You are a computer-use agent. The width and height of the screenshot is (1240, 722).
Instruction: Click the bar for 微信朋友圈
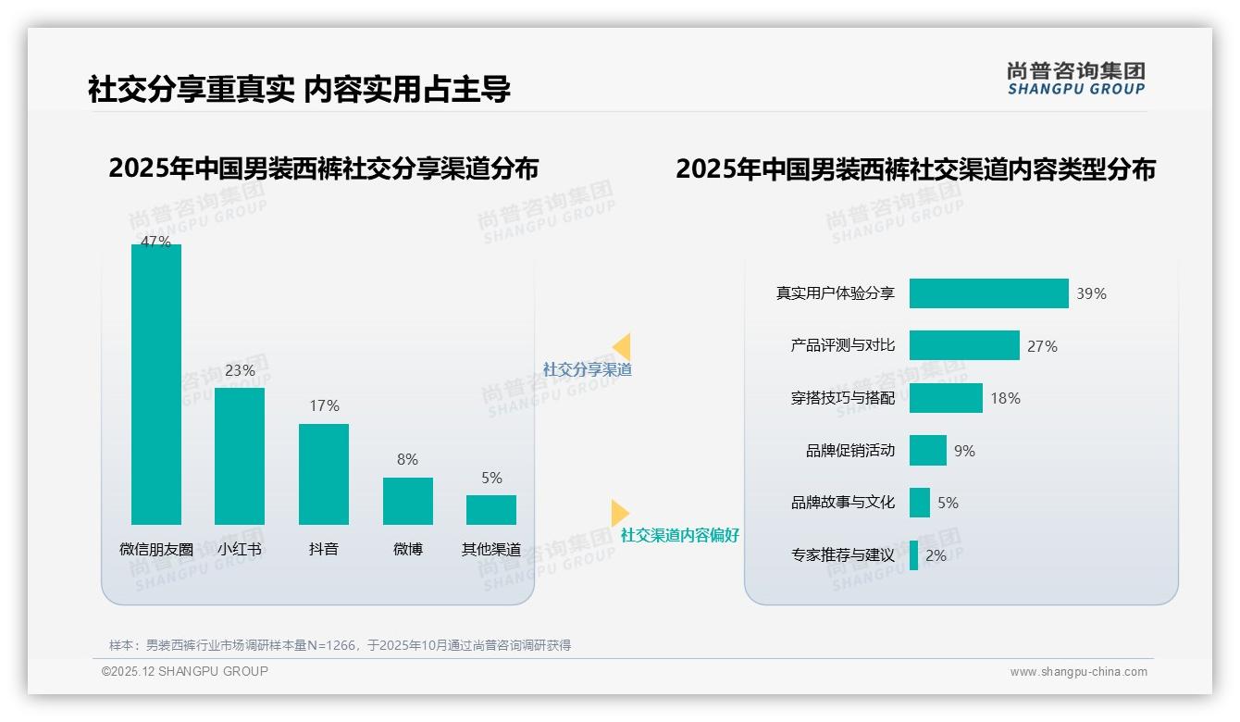(156, 384)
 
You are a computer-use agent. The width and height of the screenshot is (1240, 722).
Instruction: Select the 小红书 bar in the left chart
(240, 455)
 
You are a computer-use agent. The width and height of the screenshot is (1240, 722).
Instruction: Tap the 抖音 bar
(324, 474)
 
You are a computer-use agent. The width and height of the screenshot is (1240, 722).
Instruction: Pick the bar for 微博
(407, 501)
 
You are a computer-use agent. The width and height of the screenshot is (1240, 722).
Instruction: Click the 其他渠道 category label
(491, 549)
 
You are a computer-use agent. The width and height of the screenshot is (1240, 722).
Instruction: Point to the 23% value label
(240, 370)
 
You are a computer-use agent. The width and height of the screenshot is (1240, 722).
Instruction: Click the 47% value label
(155, 242)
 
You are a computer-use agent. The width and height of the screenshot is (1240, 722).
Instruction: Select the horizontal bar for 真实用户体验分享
(988, 293)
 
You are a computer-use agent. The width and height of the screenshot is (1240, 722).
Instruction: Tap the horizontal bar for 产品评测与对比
(963, 345)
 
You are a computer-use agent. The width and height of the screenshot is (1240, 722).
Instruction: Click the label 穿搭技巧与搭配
(842, 398)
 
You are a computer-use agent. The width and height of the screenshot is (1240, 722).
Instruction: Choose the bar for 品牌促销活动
(927, 451)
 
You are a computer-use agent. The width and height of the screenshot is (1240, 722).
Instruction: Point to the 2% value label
(936, 555)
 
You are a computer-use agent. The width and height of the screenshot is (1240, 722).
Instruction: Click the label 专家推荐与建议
(842, 555)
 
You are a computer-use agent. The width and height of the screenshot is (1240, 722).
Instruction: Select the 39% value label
(1091, 293)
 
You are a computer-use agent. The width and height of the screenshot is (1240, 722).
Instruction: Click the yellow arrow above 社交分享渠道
(622, 346)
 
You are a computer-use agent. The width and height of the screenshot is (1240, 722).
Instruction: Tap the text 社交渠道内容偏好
(679, 535)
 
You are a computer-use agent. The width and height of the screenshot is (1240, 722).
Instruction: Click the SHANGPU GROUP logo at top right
(1075, 79)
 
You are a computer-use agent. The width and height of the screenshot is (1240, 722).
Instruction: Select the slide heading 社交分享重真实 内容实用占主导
(299, 90)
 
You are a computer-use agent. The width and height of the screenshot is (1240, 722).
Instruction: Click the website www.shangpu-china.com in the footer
(1078, 672)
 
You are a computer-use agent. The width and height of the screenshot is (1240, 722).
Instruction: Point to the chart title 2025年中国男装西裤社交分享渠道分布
(323, 168)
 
